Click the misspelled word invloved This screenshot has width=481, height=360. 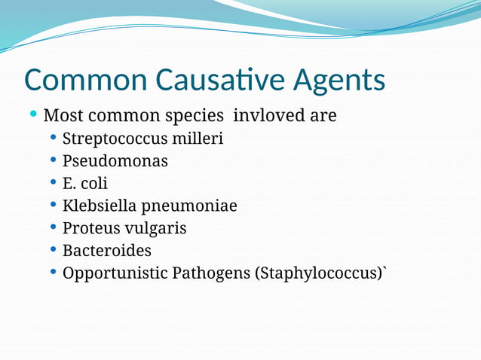coord(265,116)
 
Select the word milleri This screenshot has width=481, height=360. coord(198,139)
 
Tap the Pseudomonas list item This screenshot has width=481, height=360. coord(115,160)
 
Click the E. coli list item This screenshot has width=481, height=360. coord(84,183)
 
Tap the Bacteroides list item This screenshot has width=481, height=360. coord(106,250)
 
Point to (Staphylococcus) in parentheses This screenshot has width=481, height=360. coord(320,273)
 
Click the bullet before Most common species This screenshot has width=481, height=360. coord(33,114)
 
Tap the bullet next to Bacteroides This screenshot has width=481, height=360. coord(53,249)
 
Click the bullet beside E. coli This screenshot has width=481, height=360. coord(53,182)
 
